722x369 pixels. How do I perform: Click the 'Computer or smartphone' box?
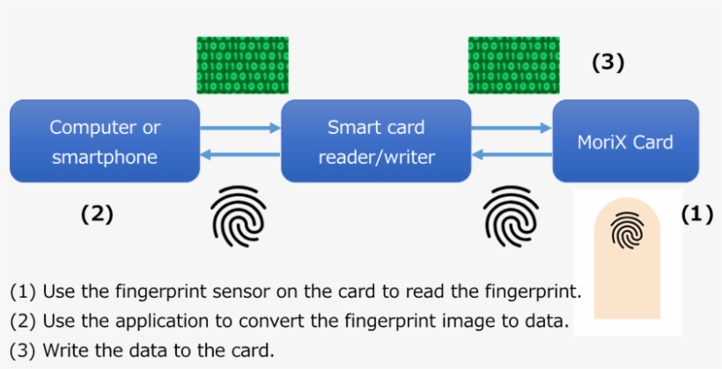[105, 142]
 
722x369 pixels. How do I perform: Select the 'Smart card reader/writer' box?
[376, 142]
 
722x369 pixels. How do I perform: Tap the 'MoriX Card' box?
[625, 142]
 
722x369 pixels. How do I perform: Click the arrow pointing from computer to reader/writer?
[239, 128]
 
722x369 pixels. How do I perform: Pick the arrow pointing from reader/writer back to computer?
[239, 157]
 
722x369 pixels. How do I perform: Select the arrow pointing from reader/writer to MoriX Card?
[512, 128]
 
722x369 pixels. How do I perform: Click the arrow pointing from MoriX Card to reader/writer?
[512, 157]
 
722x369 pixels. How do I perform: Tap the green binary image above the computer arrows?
[241, 65]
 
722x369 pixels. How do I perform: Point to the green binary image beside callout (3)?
[512, 65]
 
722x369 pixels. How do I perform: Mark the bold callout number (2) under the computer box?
[96, 213]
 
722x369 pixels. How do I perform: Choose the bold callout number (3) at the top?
[607, 63]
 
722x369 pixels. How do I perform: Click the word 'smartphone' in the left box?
[105, 158]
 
